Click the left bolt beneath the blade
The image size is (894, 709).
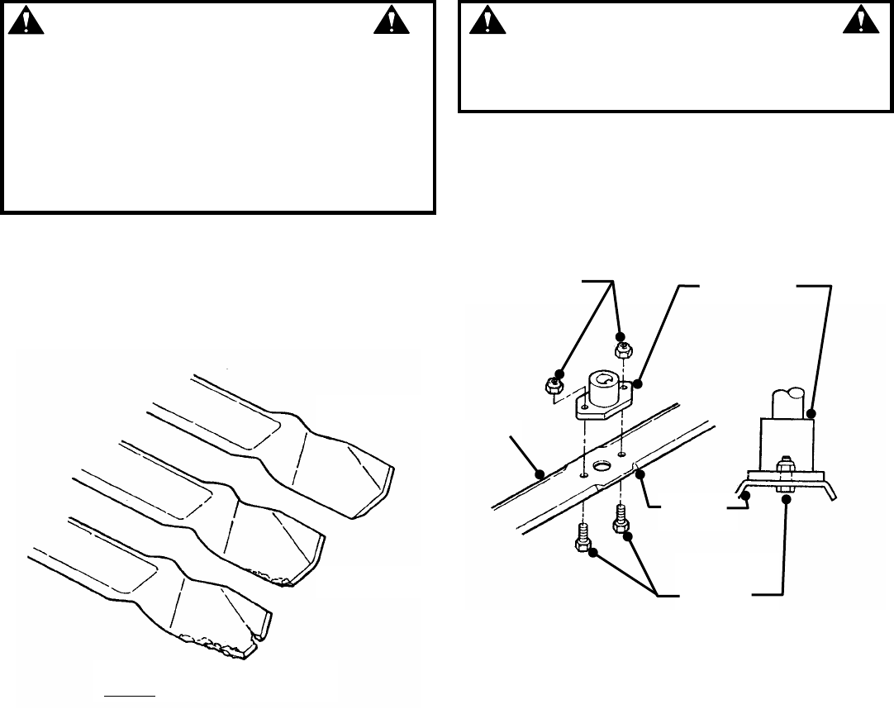tap(579, 540)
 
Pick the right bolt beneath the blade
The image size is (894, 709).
tap(620, 524)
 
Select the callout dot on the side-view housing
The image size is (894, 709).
tap(811, 414)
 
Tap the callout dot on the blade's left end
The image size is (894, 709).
tap(539, 475)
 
